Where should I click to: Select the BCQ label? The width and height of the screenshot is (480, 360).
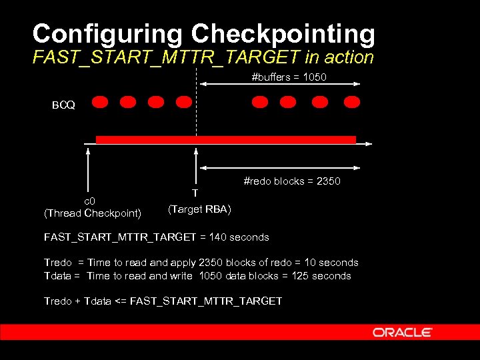point(64,105)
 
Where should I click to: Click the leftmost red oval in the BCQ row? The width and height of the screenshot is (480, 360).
point(100,102)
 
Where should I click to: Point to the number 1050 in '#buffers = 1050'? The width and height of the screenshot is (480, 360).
point(315,77)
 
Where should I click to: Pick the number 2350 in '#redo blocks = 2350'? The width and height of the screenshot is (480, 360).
point(328,181)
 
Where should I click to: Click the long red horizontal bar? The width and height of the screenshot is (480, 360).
point(226,140)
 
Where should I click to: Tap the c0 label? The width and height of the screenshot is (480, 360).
point(89,201)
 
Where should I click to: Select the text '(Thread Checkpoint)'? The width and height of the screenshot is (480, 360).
point(92,213)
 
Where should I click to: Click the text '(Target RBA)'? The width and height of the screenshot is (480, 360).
point(199,209)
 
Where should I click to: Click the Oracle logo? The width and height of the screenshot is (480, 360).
point(403,332)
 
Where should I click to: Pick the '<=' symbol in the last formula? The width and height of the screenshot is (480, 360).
point(120,301)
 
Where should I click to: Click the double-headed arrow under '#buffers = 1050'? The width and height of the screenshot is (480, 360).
point(280,84)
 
